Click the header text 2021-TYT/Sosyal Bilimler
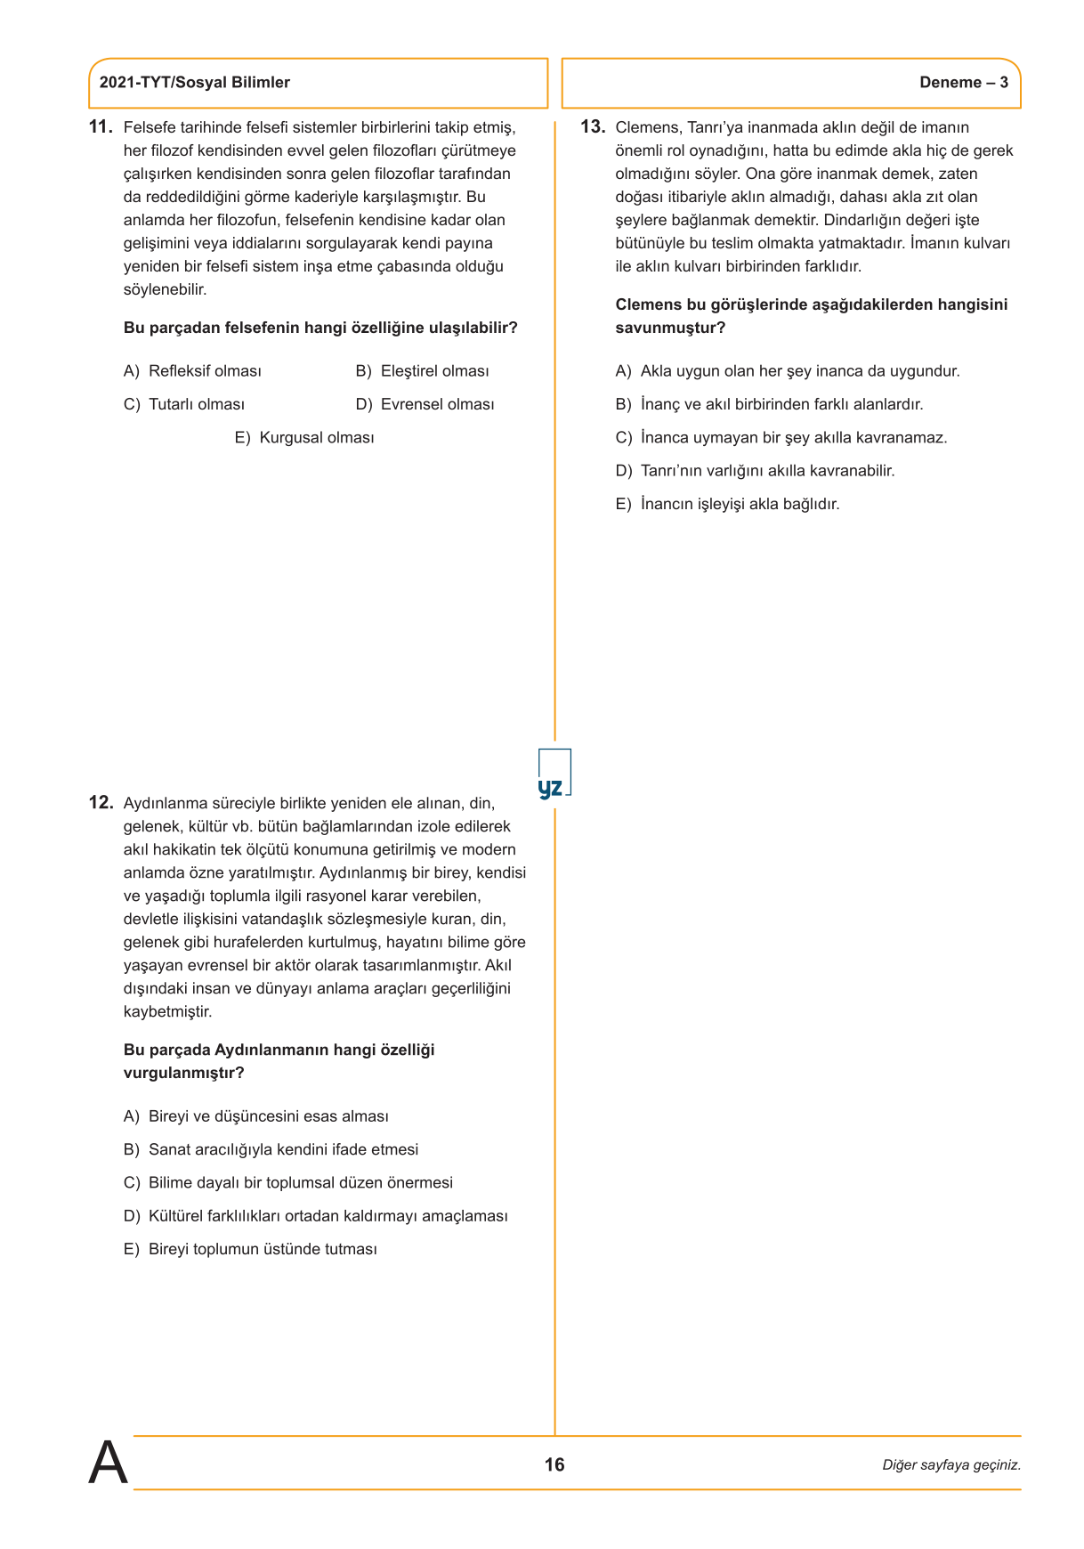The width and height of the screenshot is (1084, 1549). [194, 83]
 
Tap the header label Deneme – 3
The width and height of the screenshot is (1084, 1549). [963, 83]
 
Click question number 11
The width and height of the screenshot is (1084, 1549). [101, 127]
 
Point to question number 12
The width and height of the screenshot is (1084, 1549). [101, 803]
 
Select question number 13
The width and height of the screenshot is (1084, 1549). [593, 127]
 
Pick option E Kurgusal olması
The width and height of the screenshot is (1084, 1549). [304, 438]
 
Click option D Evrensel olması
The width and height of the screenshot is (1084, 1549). [425, 404]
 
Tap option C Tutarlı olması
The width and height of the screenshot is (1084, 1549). [184, 404]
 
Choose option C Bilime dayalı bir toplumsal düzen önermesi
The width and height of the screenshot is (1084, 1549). [288, 1183]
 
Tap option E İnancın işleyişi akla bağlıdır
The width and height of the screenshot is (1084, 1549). [727, 504]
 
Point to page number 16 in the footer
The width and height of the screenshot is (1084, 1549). [554, 1464]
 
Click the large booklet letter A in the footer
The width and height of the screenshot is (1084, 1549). [108, 1463]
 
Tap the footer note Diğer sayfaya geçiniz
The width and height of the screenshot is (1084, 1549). [951, 1465]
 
